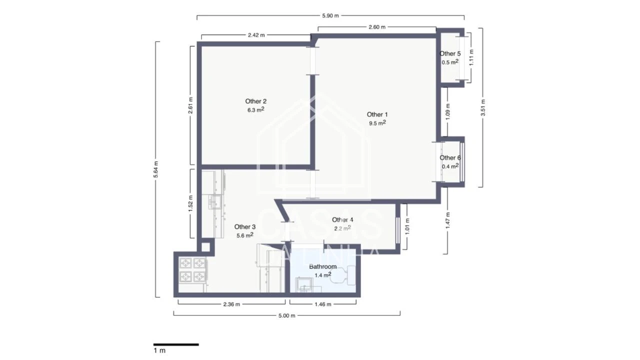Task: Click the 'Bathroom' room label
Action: [x=322, y=266]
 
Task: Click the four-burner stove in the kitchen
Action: [x=193, y=269]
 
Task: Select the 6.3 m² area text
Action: [x=255, y=110]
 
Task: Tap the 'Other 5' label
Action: [x=450, y=53]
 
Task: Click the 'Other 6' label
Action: [x=450, y=158]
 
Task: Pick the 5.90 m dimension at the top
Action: [x=330, y=16]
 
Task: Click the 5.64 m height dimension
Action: [x=156, y=169]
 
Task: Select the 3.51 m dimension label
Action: [x=483, y=107]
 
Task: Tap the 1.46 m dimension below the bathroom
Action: [x=322, y=304]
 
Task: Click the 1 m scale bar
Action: [x=176, y=344]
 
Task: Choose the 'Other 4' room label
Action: [x=342, y=220]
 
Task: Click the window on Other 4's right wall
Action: [x=398, y=228]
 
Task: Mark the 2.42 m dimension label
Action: [x=256, y=35]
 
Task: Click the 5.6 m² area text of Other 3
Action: [x=244, y=235]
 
